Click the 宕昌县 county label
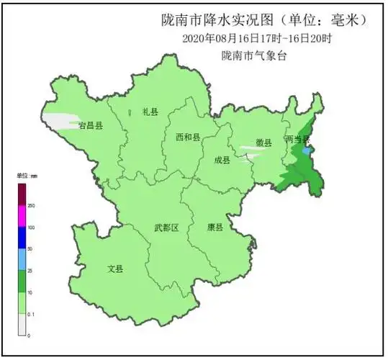point(91,125)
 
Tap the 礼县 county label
point(150,112)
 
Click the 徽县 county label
point(263,142)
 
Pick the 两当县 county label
point(297,138)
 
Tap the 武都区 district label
point(166,228)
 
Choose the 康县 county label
point(215,227)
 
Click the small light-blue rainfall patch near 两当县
point(307,152)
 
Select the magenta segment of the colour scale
point(22,216)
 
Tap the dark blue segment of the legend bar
point(22,238)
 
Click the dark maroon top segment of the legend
point(22,194)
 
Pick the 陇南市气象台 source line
point(253,55)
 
